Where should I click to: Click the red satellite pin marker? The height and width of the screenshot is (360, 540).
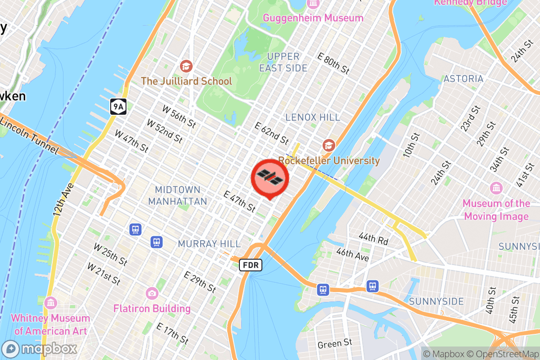(x=270, y=177)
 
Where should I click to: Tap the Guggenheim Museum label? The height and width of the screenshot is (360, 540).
(x=313, y=18)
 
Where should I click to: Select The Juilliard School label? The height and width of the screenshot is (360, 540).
(x=186, y=81)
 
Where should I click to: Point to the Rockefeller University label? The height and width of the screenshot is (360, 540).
(x=329, y=161)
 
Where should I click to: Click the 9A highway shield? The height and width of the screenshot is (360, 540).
(x=118, y=107)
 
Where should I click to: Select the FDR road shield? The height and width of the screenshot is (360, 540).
(x=250, y=265)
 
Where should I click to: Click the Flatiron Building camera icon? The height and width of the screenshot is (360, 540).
(x=152, y=293)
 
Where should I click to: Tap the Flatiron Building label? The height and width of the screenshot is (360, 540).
(x=152, y=309)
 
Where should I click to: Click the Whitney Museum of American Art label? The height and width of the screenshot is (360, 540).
(x=50, y=324)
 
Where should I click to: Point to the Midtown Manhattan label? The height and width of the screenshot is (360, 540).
(x=178, y=195)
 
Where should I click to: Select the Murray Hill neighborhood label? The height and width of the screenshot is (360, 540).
(x=209, y=243)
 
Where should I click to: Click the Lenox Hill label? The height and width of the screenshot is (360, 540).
(x=313, y=117)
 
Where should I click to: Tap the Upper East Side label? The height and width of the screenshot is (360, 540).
(x=283, y=62)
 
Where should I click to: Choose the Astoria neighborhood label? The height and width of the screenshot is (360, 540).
(x=463, y=79)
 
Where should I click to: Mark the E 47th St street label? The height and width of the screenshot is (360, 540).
(x=239, y=201)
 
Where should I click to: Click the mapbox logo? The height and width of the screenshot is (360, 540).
(x=40, y=349)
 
